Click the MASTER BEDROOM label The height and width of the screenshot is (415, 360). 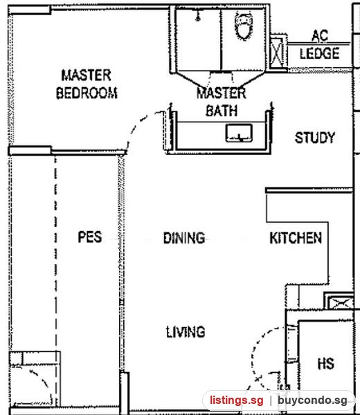[87, 84]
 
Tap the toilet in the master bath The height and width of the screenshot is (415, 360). [244, 26]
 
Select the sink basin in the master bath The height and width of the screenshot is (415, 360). [239, 133]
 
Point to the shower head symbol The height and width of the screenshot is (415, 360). [197, 15]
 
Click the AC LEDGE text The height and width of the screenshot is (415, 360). [320, 44]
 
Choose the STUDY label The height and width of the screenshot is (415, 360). [315, 138]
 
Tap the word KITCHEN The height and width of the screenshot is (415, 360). [296, 238]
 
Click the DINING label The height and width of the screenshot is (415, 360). [184, 238]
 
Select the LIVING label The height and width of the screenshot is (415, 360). [186, 332]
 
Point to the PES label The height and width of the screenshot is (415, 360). [90, 237]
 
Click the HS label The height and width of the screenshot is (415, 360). [325, 363]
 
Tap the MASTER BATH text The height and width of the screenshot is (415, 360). [222, 102]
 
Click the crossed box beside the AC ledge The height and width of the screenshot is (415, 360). [277, 53]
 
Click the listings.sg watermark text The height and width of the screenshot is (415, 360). [237, 400]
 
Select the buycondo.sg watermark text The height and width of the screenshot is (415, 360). [312, 400]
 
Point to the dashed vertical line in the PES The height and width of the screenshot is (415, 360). [55, 281]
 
